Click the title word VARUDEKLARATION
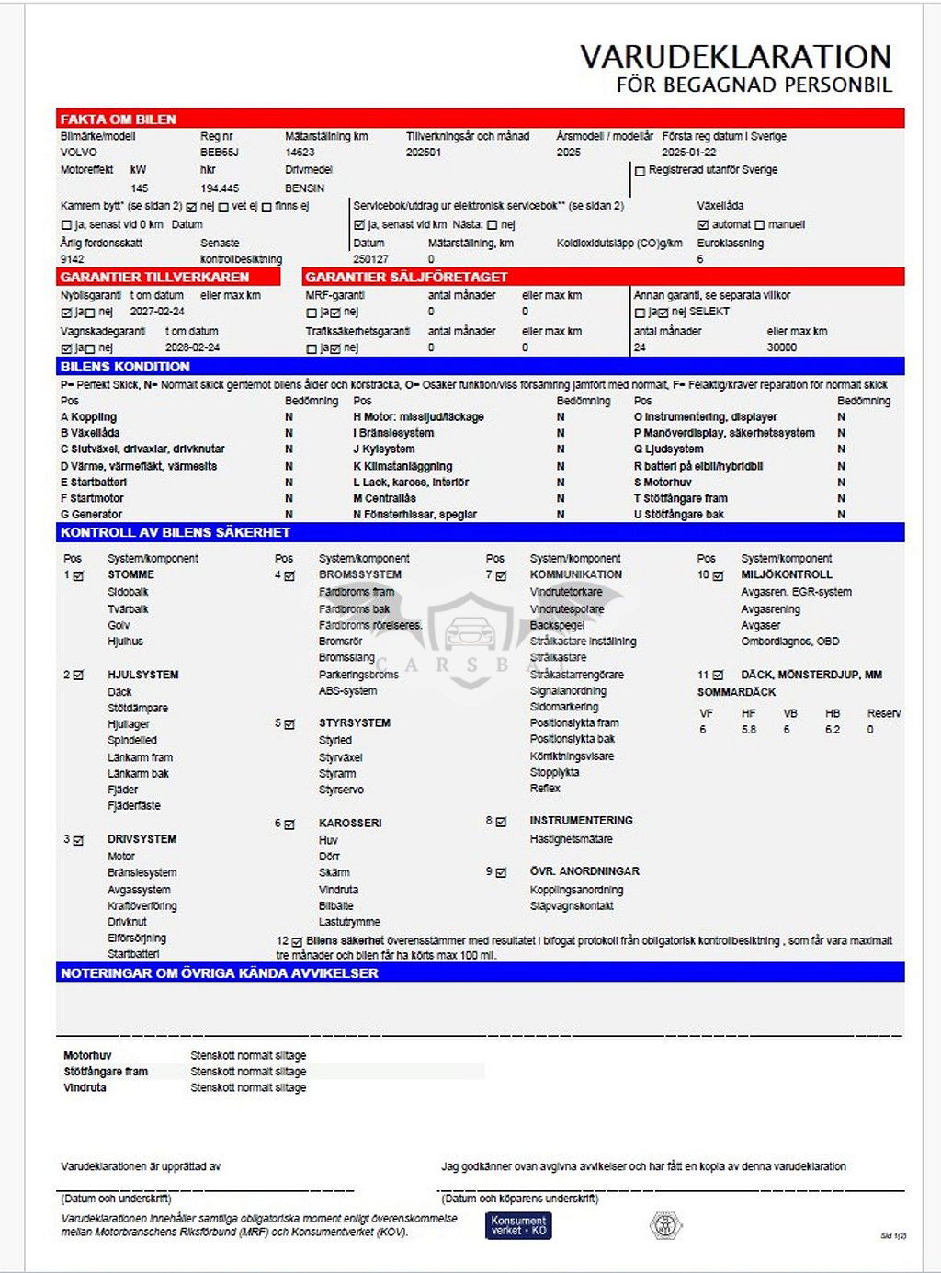pos(735,57)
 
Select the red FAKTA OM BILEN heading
pos(118,119)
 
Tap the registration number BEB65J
pos(219,153)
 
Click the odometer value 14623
pos(300,153)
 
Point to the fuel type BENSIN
pos(304,188)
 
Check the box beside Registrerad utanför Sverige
pos(640,171)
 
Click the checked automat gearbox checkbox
pos(703,225)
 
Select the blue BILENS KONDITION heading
pos(125,366)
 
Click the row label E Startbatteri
pos(94,483)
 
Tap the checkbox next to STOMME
pos(78,576)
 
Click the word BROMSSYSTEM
pos(359,574)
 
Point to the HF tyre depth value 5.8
pos(749,730)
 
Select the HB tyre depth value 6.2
pos(833,730)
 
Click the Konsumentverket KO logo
pos(518,1225)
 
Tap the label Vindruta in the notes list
pos(85,1087)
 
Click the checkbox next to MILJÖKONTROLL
pos(719,576)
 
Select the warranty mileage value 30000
pos(781,347)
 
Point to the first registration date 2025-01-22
pos(688,153)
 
